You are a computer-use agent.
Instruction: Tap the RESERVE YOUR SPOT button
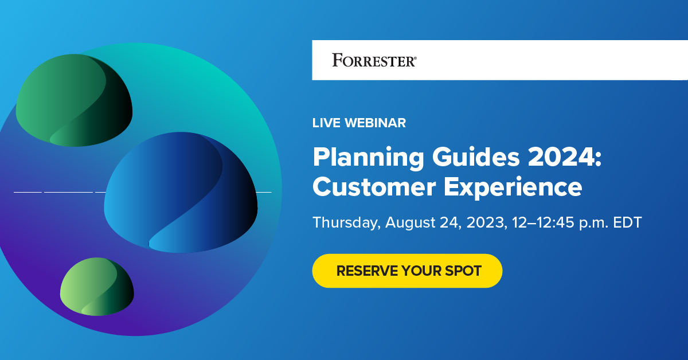407,271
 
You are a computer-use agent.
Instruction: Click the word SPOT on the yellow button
462,271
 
